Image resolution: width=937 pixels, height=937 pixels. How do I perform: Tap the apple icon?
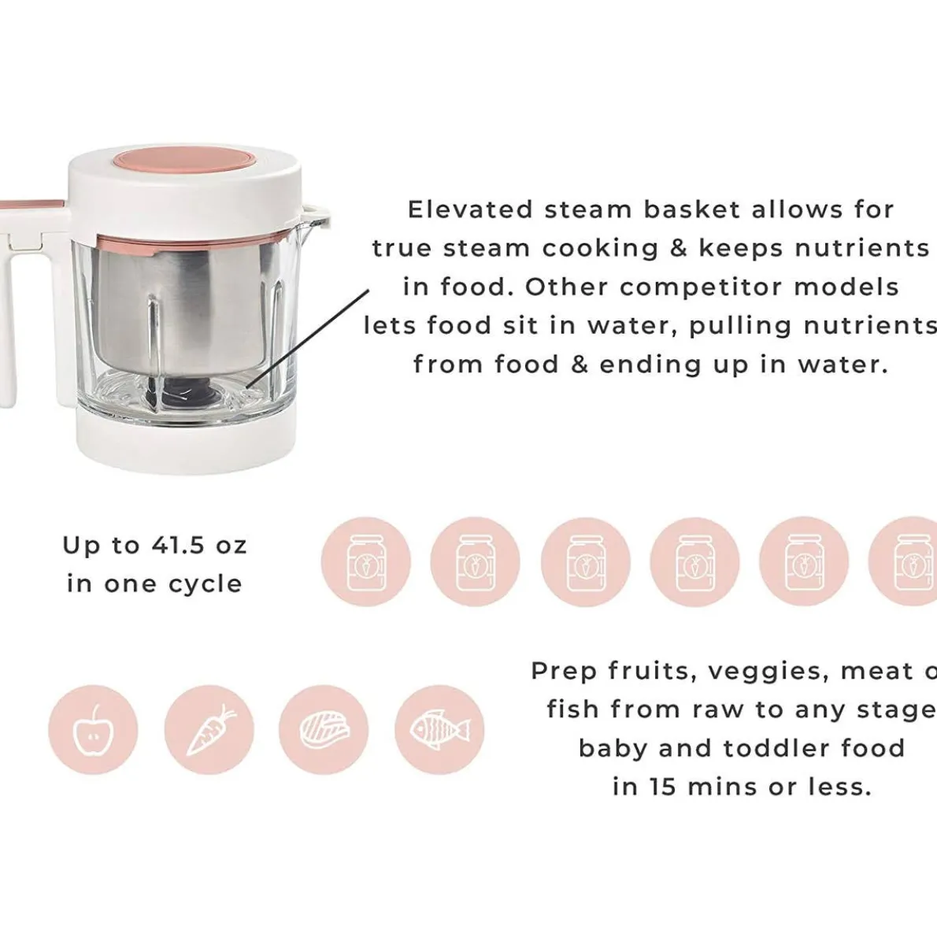click(93, 729)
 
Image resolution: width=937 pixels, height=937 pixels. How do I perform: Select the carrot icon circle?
click(209, 729)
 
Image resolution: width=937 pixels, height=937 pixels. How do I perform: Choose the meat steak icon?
click(324, 729)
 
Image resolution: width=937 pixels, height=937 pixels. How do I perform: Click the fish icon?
click(439, 729)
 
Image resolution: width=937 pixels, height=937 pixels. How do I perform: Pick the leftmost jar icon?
click(365, 561)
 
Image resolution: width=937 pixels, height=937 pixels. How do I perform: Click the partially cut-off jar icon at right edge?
click(913, 561)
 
